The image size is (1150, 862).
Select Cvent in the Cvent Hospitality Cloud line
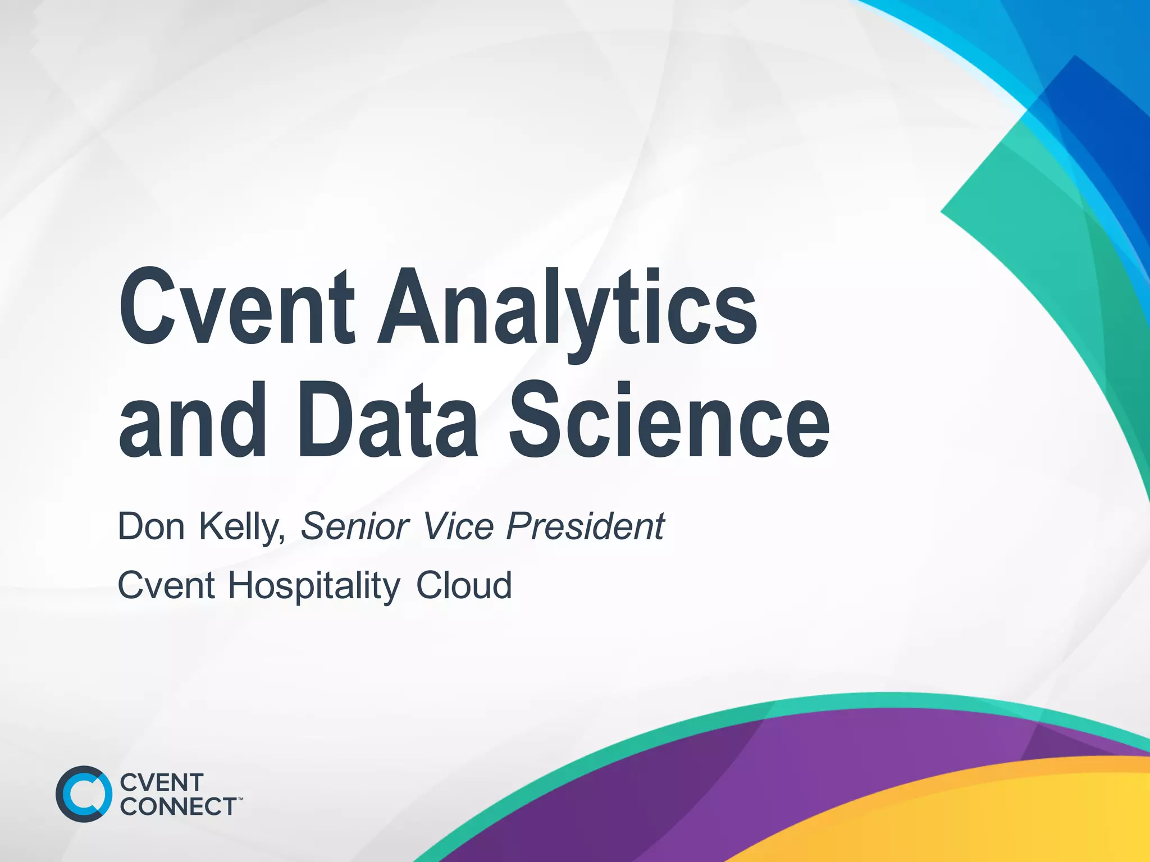(166, 585)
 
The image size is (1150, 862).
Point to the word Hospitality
(314, 585)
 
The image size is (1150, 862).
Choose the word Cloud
(464, 585)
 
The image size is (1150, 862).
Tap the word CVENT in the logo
(162, 782)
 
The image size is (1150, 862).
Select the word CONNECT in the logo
(178, 806)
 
